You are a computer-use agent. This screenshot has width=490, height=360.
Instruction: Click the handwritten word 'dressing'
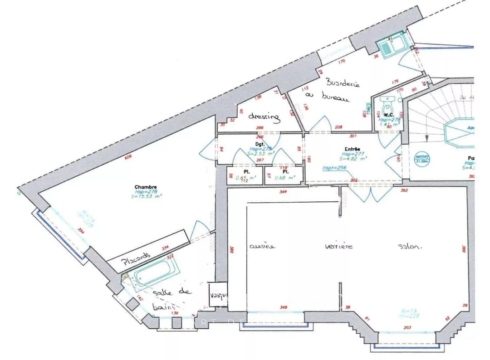pos(264,117)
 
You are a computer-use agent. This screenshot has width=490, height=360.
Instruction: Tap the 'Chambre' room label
pos(146,187)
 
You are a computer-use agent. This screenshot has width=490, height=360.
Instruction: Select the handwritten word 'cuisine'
pos(262,246)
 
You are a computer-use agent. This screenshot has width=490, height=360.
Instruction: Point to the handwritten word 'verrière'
pos(338,246)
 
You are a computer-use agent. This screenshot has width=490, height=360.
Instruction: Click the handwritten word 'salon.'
pos(410,247)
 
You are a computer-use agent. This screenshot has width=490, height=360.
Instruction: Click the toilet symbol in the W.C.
pos(387,108)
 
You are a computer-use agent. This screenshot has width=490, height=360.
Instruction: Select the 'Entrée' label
pos(352,149)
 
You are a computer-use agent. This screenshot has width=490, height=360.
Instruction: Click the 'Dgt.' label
pos(260,144)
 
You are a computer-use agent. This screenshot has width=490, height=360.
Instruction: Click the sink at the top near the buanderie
pos(392,46)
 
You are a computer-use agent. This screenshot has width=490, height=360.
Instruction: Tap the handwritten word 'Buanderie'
pos(343,83)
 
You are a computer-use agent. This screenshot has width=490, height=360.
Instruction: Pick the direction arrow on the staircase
pos(426,137)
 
